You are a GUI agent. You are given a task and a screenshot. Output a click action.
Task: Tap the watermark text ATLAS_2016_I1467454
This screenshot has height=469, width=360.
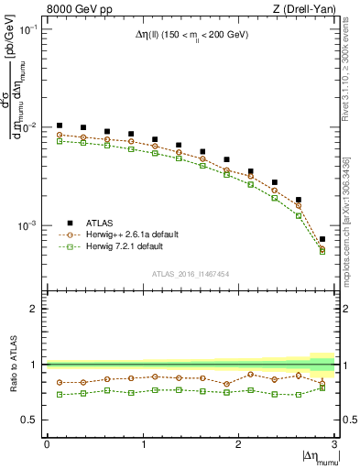191,272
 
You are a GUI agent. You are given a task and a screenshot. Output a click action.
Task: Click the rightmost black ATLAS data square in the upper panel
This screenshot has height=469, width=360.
322,239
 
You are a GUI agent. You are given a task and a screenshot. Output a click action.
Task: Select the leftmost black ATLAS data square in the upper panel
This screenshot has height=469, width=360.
60,125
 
